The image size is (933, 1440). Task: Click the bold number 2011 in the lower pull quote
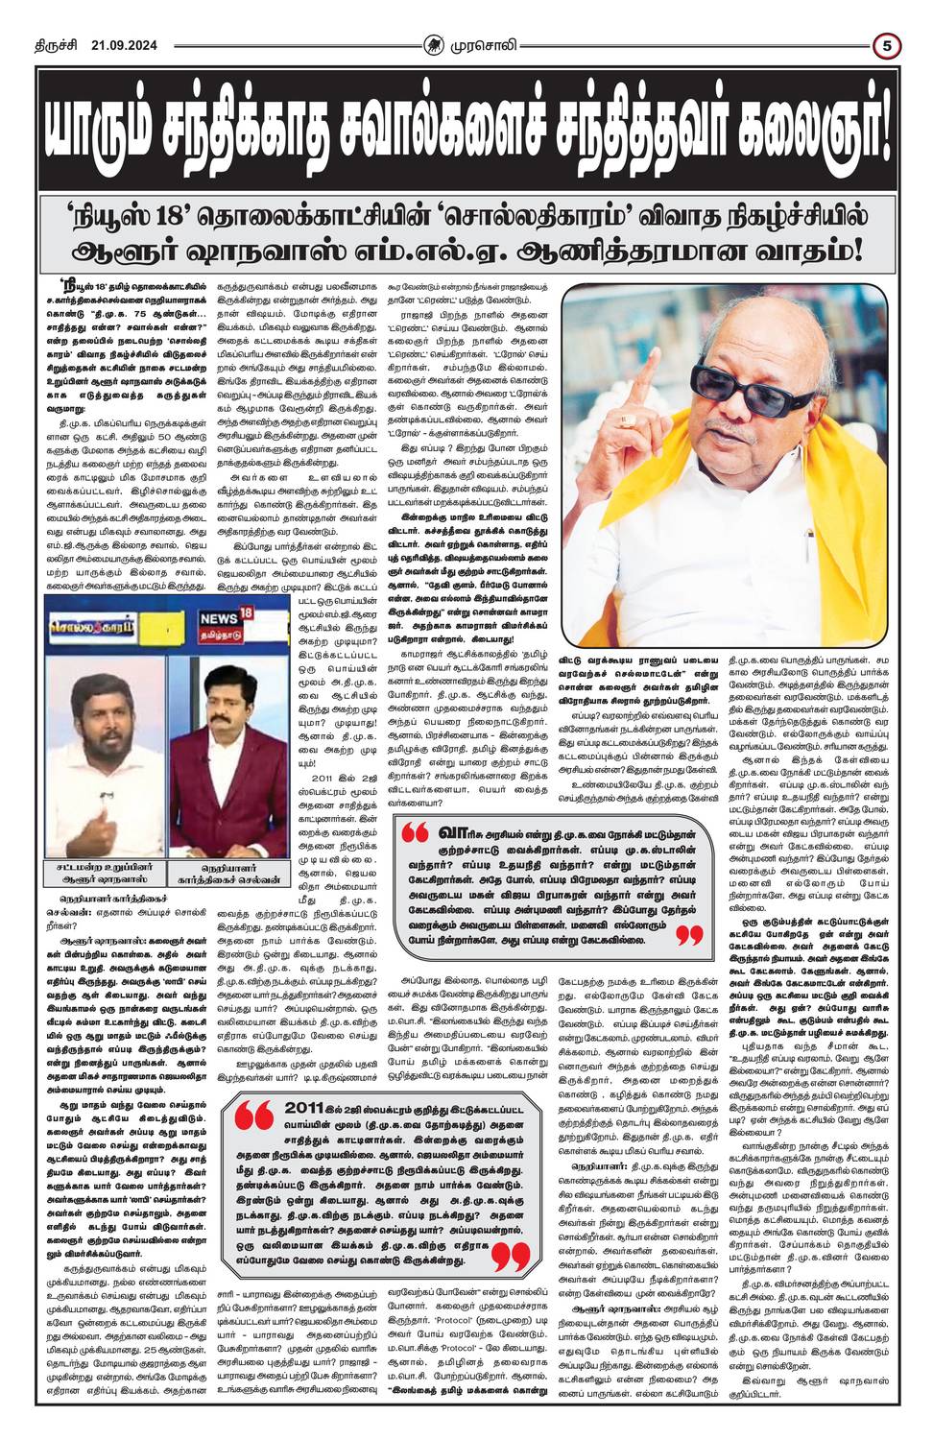(307, 1108)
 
